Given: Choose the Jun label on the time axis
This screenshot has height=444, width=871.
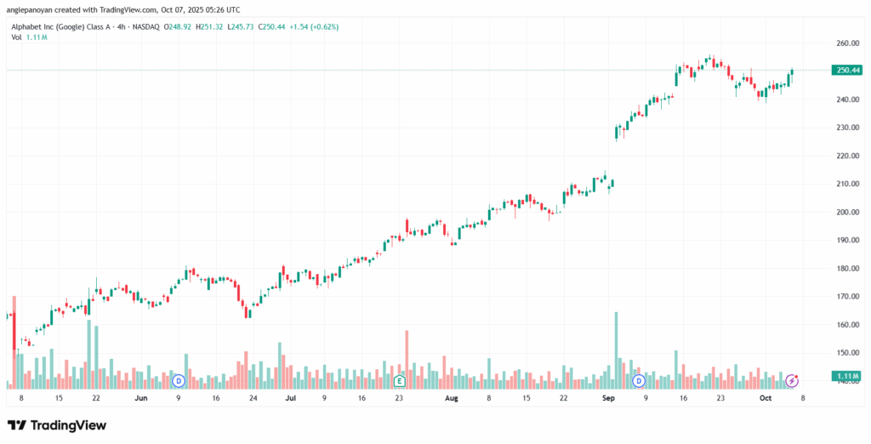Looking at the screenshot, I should [140, 397].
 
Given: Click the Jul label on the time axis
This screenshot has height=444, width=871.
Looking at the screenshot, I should [291, 397].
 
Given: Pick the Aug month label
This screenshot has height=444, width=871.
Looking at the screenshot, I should [453, 397].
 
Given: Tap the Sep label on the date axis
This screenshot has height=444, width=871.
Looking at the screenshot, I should [608, 397].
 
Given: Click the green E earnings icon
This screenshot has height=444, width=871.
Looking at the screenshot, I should [398, 379].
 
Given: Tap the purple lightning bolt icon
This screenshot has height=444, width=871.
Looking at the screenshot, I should [792, 379].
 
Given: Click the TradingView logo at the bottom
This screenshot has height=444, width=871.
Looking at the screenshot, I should [57, 424].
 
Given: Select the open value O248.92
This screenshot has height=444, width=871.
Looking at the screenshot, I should [179, 26].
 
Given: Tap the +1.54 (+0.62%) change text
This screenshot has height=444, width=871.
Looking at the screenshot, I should [314, 26].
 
